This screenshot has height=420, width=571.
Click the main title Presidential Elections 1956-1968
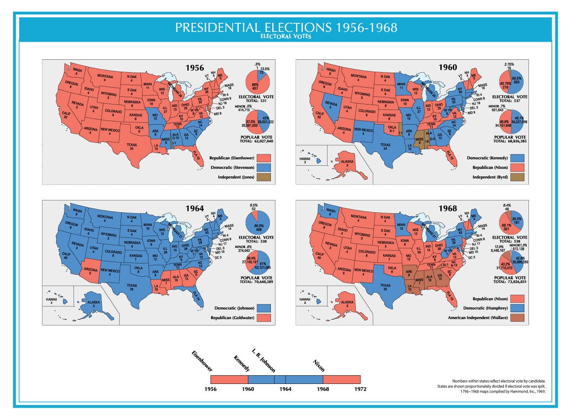pos(286,27)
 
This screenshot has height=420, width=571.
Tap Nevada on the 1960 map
pos(332,105)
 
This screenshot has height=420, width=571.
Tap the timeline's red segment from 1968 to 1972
pos(341,379)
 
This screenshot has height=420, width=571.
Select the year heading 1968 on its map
pos(448,208)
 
